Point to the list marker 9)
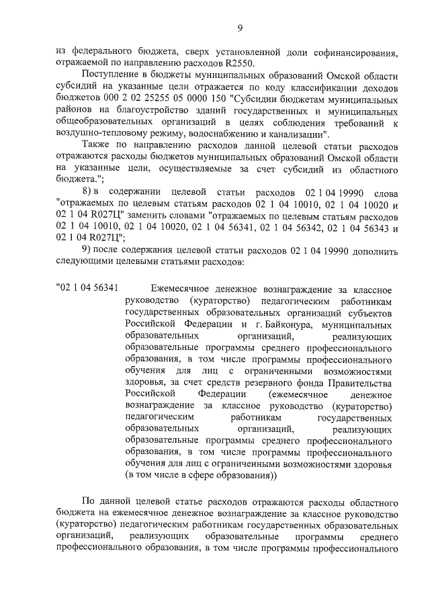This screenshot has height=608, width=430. coord(87,250)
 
